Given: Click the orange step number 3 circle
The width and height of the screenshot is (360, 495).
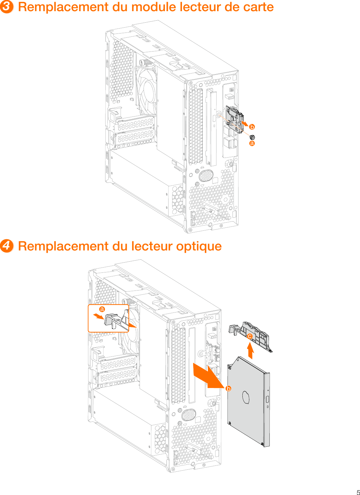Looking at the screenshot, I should tap(7, 7).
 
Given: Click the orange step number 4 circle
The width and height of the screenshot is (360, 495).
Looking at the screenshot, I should tap(7, 246).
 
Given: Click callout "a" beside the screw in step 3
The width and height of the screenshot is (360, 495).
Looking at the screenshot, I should tap(252, 143).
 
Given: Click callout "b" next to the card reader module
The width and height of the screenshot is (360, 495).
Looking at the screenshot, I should tap(252, 127).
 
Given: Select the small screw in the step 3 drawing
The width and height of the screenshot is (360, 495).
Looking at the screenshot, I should tap(252, 137).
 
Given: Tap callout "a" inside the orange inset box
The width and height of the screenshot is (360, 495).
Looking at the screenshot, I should tap(102, 309).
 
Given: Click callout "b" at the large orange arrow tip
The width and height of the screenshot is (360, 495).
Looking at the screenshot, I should tap(228, 389).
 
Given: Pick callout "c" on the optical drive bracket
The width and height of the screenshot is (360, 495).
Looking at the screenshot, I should tap(250, 336).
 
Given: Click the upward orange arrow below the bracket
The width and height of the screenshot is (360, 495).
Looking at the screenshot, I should tap(250, 351).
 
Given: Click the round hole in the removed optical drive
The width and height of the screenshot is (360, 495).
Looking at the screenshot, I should tap(246, 398).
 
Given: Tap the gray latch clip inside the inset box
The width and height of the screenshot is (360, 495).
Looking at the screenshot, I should tap(112, 320).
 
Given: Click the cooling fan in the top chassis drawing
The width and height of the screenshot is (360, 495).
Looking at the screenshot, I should tap(146, 89).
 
